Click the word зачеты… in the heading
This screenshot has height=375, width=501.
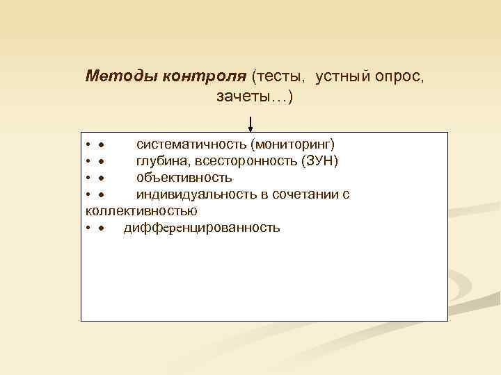[251, 97]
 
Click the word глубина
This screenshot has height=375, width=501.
[159, 161]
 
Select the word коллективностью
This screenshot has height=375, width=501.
[141, 210]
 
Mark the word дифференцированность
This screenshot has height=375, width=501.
[202, 228]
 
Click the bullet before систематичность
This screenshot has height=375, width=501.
[102, 145]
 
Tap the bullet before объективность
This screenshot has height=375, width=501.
[102, 178]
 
